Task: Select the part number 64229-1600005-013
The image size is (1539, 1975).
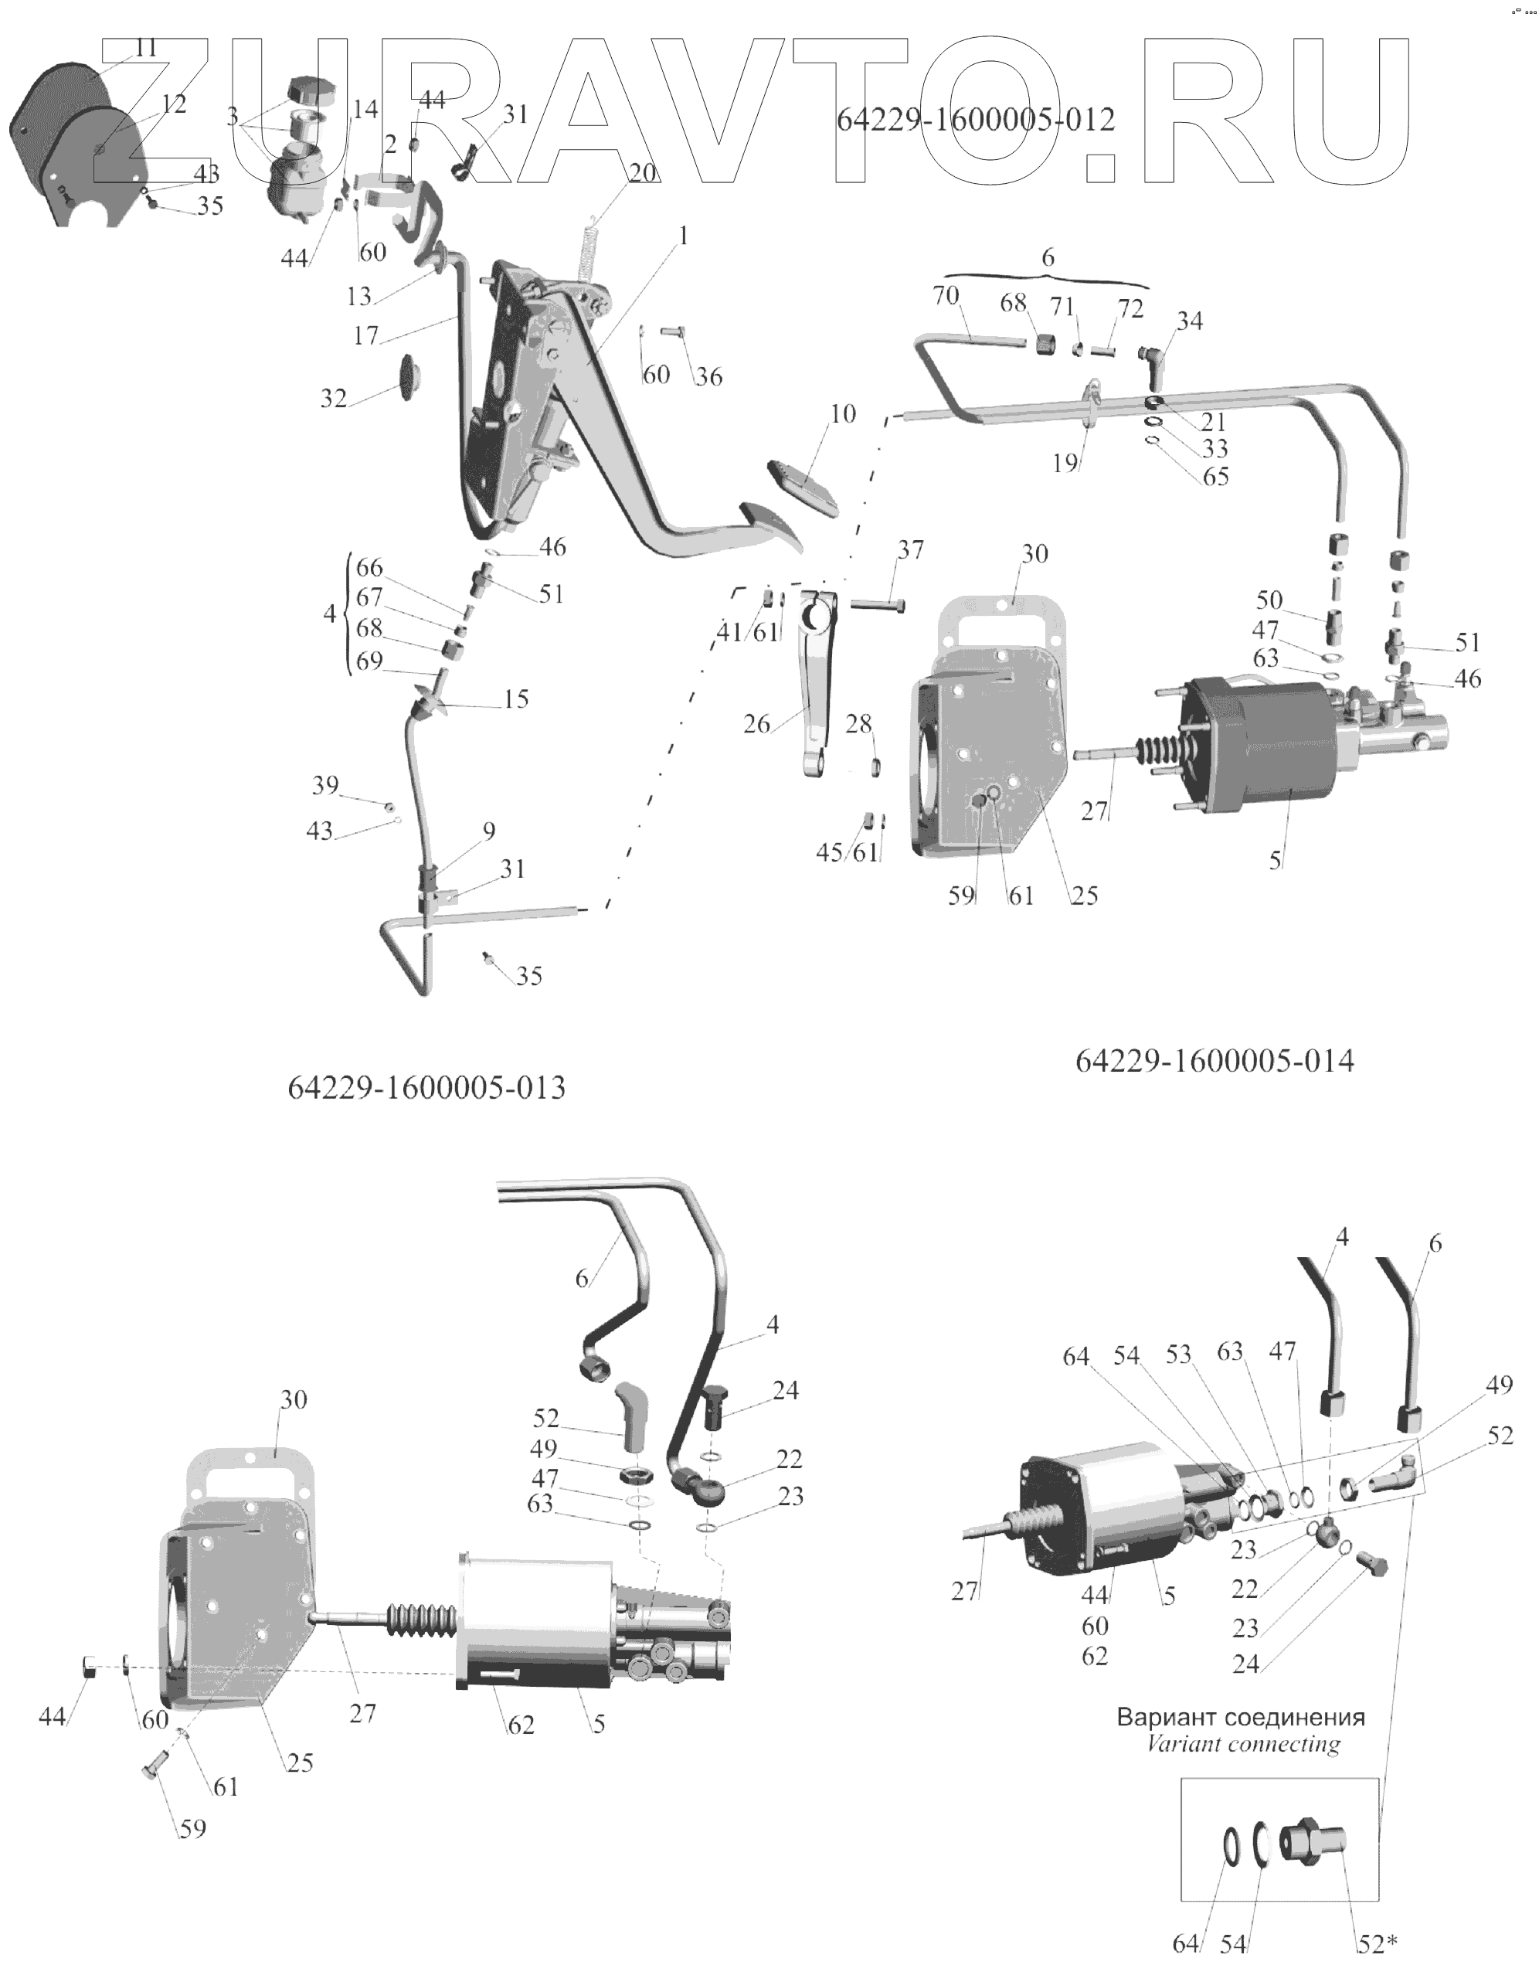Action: point(426,1087)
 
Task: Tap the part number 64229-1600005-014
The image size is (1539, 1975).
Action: point(1215,1060)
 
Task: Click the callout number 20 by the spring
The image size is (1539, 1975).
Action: point(643,172)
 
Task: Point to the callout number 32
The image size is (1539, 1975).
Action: point(334,398)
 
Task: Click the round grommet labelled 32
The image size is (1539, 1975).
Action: point(413,376)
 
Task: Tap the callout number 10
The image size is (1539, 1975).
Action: point(843,414)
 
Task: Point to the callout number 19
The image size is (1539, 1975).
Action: point(1065,463)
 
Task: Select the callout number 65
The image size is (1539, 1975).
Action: point(1216,476)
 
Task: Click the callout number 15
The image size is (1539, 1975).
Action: point(515,699)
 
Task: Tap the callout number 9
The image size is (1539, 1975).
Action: point(489,830)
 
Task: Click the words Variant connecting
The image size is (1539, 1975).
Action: point(1243,1743)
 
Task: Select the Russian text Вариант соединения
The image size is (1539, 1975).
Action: point(1241,1716)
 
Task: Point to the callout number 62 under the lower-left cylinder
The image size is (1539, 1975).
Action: point(520,1725)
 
